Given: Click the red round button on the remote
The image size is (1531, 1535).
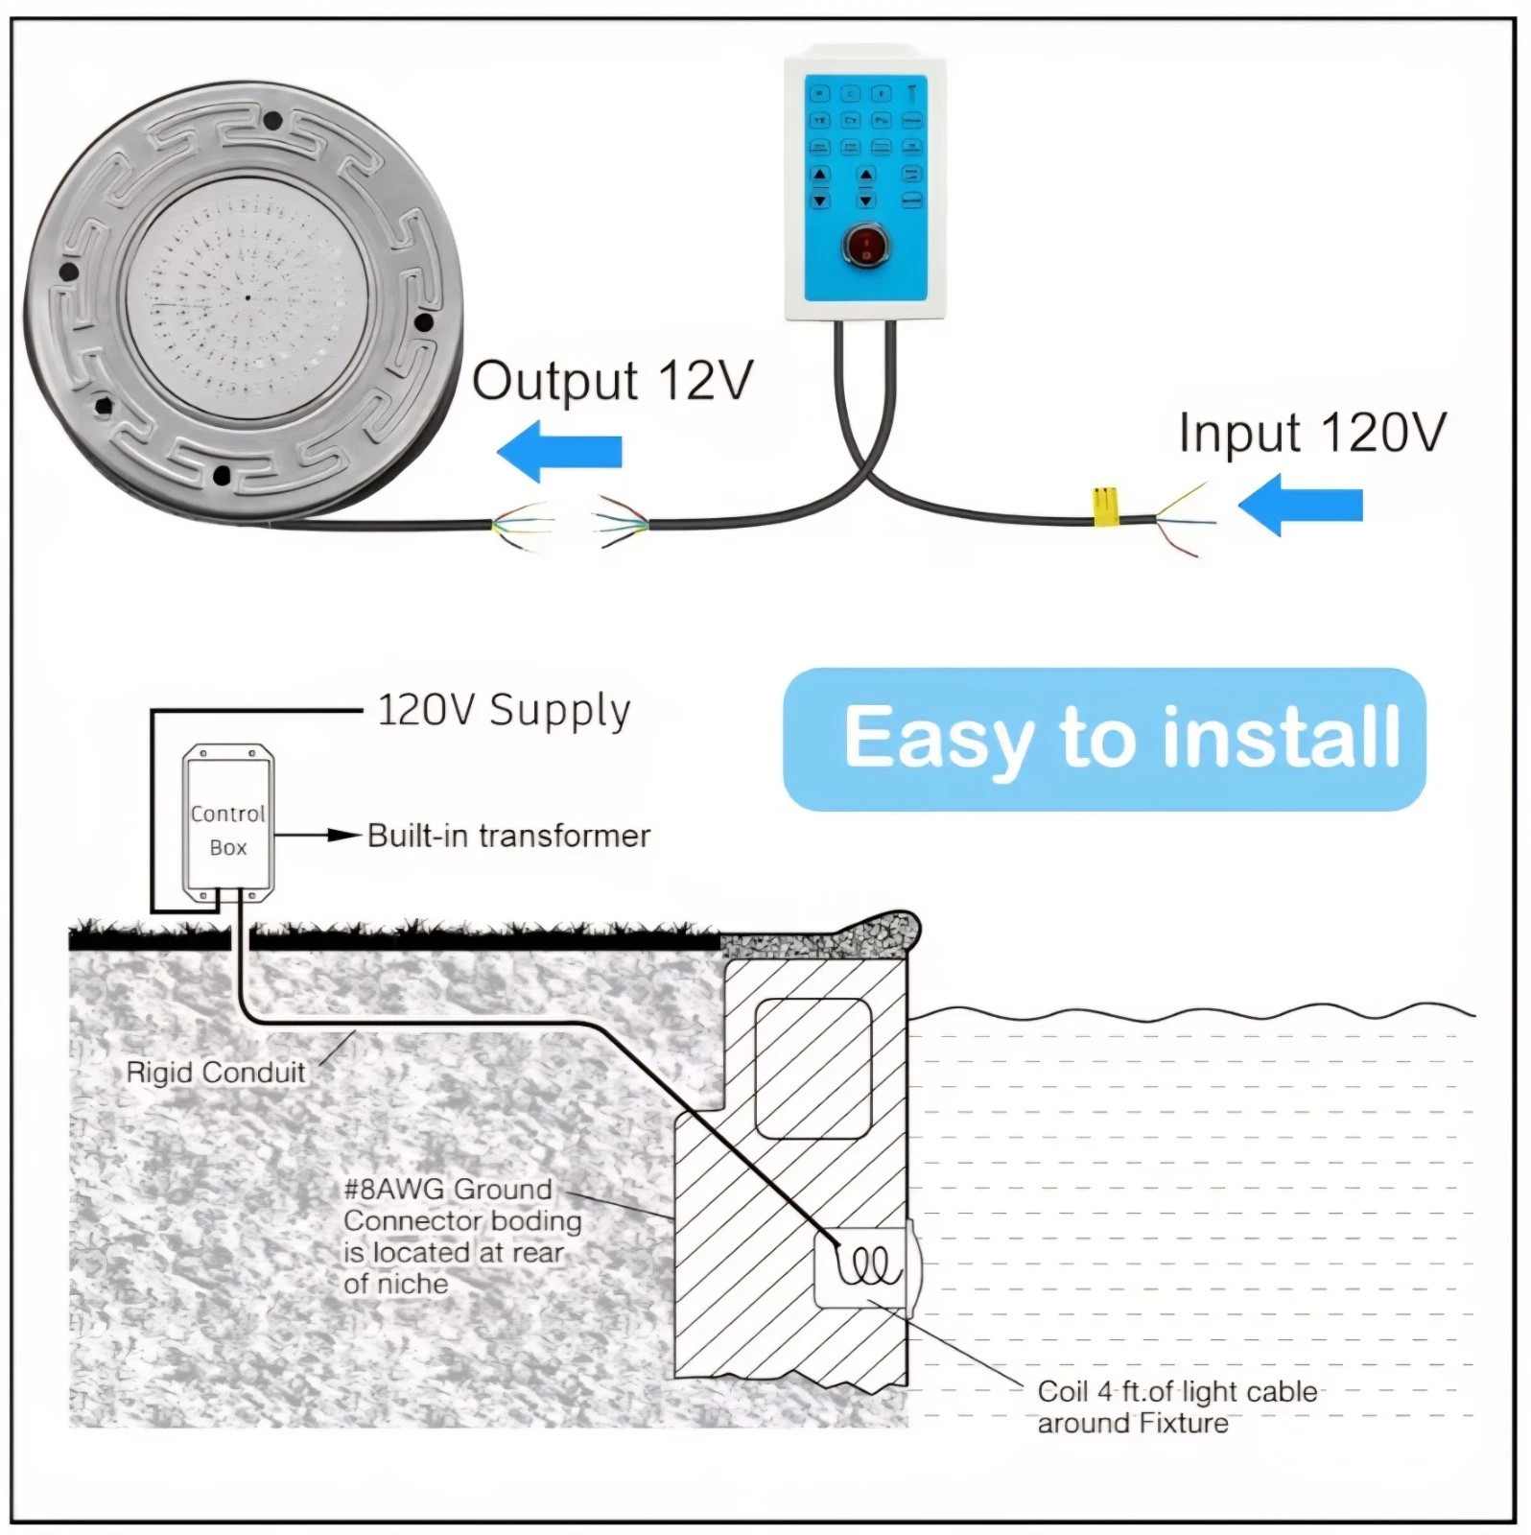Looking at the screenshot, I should tap(865, 246).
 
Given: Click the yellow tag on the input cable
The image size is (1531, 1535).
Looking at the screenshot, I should tap(1105, 508).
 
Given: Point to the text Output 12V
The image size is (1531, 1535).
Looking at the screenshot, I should tap(612, 381).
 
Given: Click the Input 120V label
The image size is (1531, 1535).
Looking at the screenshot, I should tap(1311, 433).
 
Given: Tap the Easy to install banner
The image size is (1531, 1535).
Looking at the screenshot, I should tap(1104, 739).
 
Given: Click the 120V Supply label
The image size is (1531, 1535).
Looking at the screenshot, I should tap(504, 711).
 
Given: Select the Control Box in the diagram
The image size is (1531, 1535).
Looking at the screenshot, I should tap(228, 826).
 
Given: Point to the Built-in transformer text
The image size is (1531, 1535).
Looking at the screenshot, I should tap(508, 836).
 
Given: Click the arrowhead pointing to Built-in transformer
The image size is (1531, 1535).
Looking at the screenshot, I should tap(343, 835).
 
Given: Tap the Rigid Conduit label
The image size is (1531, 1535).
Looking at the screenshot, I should tap(216, 1072).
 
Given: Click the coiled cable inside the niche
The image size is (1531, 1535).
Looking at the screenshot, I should tap(869, 1265).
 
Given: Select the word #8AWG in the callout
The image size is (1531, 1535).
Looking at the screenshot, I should tap(394, 1190).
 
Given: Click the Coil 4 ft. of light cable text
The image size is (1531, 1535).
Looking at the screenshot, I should tap(1177, 1392).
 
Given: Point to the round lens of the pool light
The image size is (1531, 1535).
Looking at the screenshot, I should tap(247, 297).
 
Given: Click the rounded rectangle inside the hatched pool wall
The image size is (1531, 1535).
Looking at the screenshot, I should tap(813, 1068).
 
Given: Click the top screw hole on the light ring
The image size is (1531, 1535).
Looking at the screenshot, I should tap(272, 121).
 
